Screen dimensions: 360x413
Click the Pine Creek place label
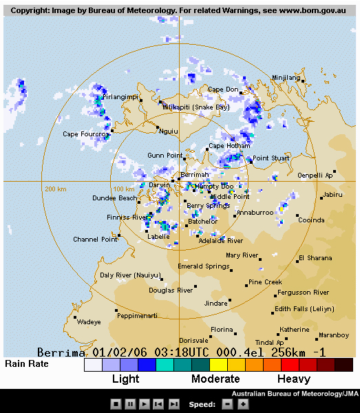(x=265, y=282)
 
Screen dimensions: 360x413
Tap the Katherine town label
(x=294, y=330)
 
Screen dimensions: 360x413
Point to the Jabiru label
(x=332, y=195)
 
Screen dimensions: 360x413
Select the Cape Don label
(x=223, y=89)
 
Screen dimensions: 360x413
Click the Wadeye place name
(x=89, y=321)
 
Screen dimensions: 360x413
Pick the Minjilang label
(x=287, y=78)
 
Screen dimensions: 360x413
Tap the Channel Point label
(x=95, y=240)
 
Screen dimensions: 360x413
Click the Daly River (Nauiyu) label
(x=126, y=275)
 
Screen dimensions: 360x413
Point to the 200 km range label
(x=55, y=189)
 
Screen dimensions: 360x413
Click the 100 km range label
(x=123, y=189)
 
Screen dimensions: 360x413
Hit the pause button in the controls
(x=129, y=404)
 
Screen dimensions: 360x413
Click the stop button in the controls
(x=116, y=404)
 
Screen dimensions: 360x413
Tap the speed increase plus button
(x=243, y=404)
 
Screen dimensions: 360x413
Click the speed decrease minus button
(x=228, y=404)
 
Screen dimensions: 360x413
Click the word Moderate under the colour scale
(x=215, y=379)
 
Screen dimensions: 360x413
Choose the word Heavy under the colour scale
(x=294, y=379)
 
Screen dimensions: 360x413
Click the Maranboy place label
(x=334, y=336)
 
